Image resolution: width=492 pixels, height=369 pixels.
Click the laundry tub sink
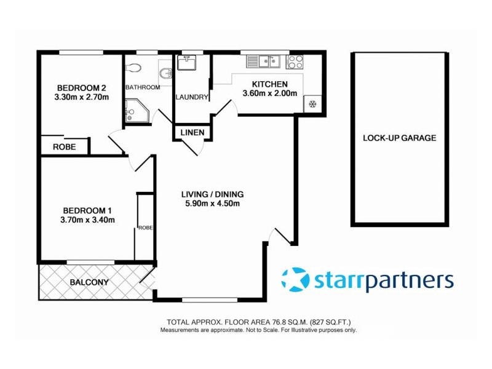pyautogui.click(x=186, y=63)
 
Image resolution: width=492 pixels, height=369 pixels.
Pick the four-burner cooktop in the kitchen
pyautogui.click(x=295, y=61)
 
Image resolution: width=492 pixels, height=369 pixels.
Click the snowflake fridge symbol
pyautogui.click(x=312, y=103)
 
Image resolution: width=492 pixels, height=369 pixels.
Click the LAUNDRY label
pyautogui.click(x=192, y=97)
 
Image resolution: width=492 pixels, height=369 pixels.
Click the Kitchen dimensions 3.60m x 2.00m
pyautogui.click(x=269, y=94)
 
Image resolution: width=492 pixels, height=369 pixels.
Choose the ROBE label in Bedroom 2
pyautogui.click(x=63, y=147)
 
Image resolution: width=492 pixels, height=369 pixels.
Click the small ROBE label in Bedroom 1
pyautogui.click(x=145, y=227)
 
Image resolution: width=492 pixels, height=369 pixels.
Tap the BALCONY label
pyautogui.click(x=89, y=283)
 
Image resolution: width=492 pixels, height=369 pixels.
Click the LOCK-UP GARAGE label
pyautogui.click(x=399, y=138)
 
